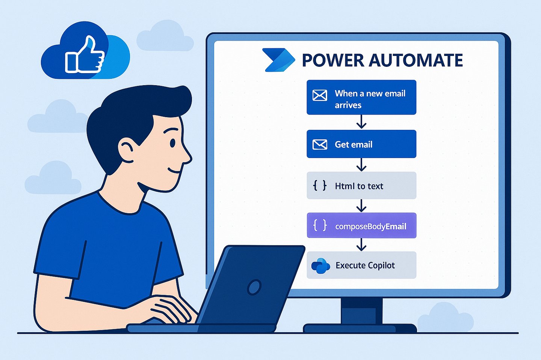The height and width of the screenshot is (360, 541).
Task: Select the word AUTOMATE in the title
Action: [416, 60]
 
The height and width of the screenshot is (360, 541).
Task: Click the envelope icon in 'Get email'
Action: [320, 144]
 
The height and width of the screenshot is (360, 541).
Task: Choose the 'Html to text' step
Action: [361, 185]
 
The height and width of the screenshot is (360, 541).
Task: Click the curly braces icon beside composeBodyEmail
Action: [320, 226]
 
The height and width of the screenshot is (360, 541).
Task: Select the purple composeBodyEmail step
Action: [361, 226]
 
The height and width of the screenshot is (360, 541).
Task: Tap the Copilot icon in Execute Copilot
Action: [320, 266]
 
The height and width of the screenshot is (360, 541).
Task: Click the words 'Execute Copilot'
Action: [365, 265]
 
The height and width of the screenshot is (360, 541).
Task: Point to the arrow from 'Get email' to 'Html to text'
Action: [361, 165]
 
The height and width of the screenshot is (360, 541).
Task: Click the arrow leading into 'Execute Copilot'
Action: [361, 245]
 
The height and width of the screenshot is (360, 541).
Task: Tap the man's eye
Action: [172, 143]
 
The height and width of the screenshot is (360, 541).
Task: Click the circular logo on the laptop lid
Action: [254, 288]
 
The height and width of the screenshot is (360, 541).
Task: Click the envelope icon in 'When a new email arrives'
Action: [320, 95]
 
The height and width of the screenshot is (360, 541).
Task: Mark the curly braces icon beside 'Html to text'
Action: [320, 185]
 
